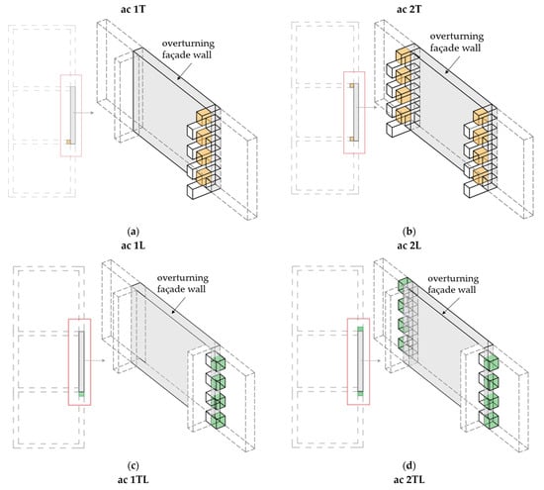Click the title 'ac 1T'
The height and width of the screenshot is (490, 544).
pyautogui.click(x=133, y=9)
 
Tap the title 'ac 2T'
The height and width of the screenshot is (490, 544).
pyautogui.click(x=409, y=9)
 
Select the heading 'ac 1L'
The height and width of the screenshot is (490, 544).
pyautogui.click(x=133, y=245)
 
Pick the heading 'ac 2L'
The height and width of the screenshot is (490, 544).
pyautogui.click(x=409, y=245)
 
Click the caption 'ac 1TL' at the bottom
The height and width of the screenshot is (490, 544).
pyautogui.click(x=133, y=480)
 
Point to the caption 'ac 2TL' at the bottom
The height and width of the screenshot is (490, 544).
pyautogui.click(x=409, y=480)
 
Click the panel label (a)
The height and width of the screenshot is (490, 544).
pyautogui.click(x=134, y=232)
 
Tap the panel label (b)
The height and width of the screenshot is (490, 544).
pyautogui.click(x=409, y=232)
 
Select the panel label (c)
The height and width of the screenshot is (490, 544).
pyautogui.click(x=134, y=465)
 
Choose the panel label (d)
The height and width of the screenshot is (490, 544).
pyautogui.click(x=409, y=465)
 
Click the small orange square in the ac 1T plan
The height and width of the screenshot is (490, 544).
pyautogui.click(x=68, y=142)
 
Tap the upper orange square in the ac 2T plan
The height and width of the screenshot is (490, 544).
pyautogui.click(x=352, y=85)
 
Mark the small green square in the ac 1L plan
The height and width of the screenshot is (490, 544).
pyautogui.click(x=81, y=394)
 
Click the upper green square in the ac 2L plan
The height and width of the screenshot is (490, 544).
pyautogui.click(x=360, y=329)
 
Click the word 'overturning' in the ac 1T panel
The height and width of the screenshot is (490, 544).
pyautogui.click(x=188, y=45)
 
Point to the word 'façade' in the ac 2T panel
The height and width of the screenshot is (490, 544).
pyautogui.click(x=444, y=48)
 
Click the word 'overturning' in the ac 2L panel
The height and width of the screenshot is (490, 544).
pyautogui.click(x=453, y=278)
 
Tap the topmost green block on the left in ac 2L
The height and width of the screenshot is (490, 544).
pyautogui.click(x=405, y=285)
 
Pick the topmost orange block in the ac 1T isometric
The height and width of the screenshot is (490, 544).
pyautogui.click(x=204, y=118)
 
